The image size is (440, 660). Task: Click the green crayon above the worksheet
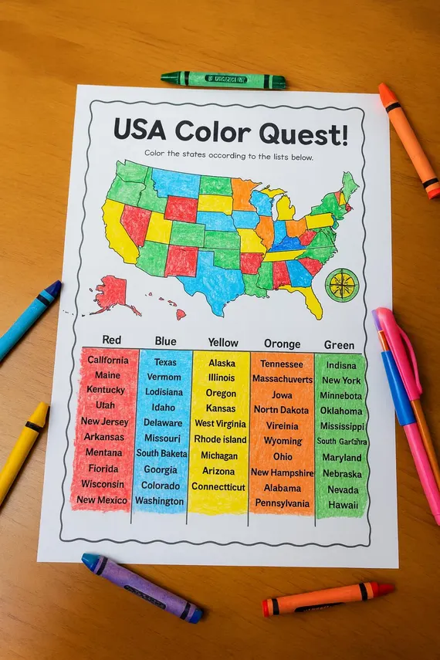pyautogui.click(x=223, y=80)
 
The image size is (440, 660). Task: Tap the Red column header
pyautogui.click(x=111, y=340)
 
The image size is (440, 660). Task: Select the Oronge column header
pyautogui.click(x=283, y=344)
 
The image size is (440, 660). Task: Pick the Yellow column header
pyautogui.click(x=223, y=342)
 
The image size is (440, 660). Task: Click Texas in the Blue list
pyautogui.click(x=165, y=362)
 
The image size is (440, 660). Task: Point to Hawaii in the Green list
pyautogui.click(x=343, y=505)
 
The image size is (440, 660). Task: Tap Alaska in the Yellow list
pyautogui.click(x=222, y=363)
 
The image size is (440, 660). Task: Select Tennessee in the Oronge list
pyautogui.click(x=282, y=364)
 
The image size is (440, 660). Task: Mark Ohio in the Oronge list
pyautogui.click(x=283, y=456)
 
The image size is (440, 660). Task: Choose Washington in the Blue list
pyautogui.click(x=161, y=500)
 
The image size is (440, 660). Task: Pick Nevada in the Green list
pyautogui.click(x=343, y=489)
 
